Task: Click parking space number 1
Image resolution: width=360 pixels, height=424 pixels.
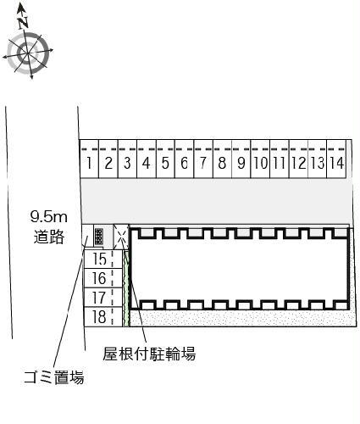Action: point(89,159)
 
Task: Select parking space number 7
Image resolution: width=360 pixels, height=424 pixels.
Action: point(203,159)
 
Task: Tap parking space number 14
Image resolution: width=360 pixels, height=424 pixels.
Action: point(336,159)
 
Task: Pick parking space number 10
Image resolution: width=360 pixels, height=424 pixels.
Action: point(260,159)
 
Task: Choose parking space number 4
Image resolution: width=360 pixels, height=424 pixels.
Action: point(147,159)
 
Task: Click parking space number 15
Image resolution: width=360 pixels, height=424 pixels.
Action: point(103,259)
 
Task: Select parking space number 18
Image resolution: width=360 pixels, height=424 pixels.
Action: point(103,316)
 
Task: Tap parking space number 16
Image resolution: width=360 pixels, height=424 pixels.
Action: point(103,278)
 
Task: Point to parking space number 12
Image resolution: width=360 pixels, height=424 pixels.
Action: point(299,159)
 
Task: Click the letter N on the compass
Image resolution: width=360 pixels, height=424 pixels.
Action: point(23,23)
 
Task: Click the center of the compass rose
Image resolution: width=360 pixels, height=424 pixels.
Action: point(28,53)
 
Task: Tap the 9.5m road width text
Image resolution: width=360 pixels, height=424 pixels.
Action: point(48,217)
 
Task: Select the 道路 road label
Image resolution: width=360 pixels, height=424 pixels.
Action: point(49,237)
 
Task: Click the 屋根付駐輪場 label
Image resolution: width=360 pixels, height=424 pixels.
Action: point(149,354)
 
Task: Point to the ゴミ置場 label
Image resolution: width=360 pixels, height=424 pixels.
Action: point(54,377)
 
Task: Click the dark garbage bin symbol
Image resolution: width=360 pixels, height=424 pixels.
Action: point(99,237)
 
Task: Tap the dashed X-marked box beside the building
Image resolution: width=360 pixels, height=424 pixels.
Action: point(121,237)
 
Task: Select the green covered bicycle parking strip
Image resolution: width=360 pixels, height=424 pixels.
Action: point(126,287)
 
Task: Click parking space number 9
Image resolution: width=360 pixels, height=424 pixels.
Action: point(241,159)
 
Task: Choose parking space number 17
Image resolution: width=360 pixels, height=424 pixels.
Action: point(103,298)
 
